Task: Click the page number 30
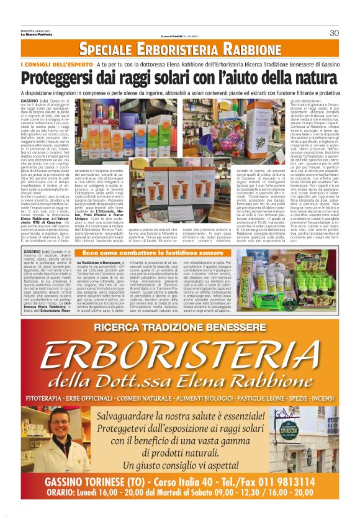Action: [334, 33]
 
